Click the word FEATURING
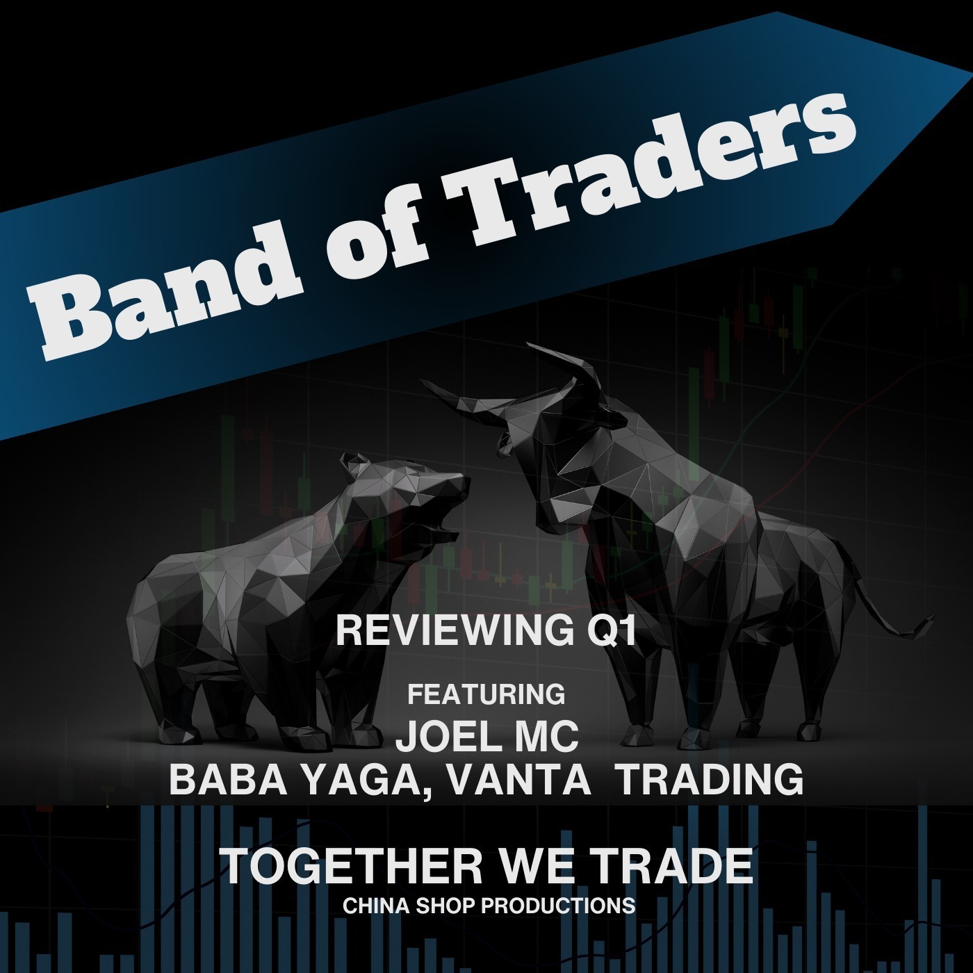click(x=486, y=694)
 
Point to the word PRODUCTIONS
click(x=558, y=906)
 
